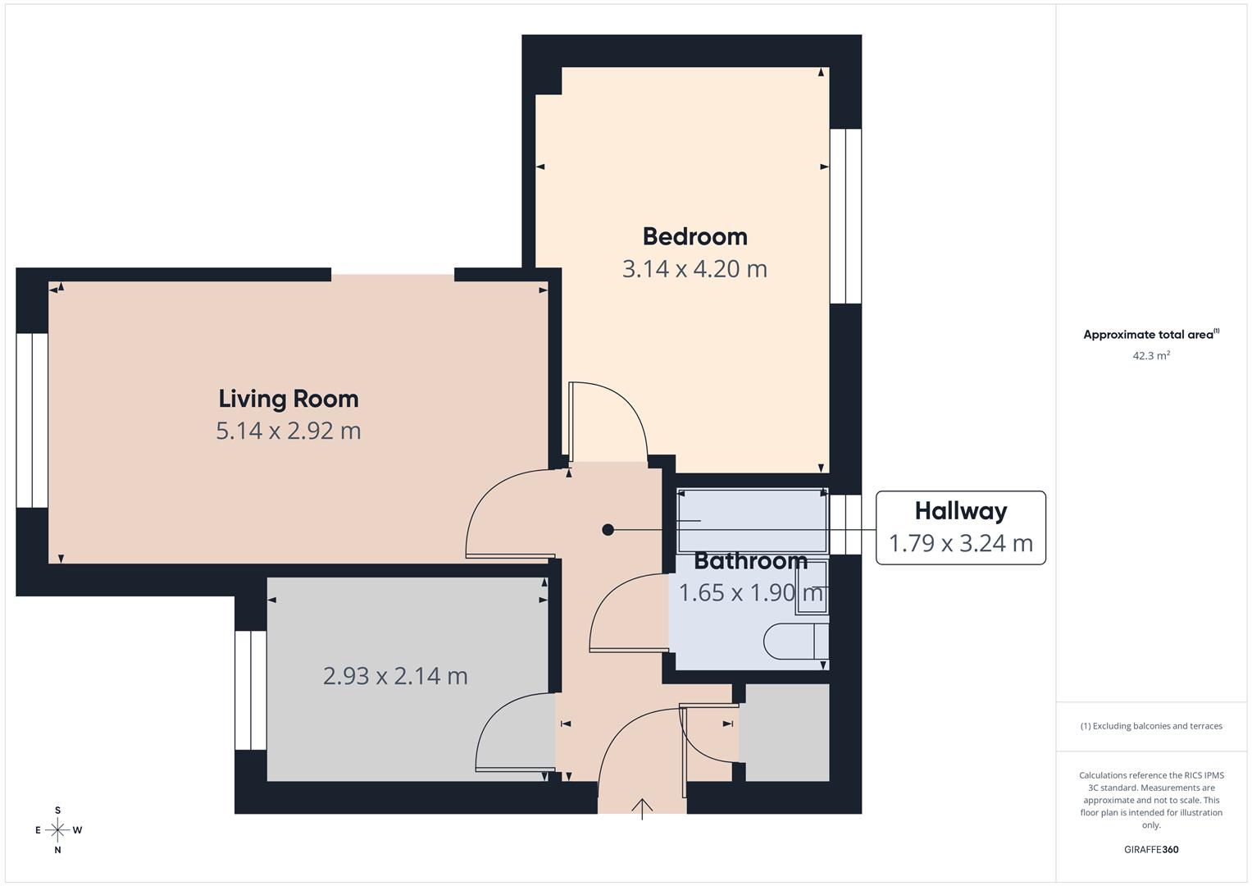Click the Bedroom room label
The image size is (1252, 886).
click(x=694, y=236)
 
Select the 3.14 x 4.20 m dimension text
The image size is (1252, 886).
click(x=694, y=269)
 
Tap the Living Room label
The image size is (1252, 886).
click(x=289, y=399)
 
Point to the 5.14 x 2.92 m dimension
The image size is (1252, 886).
click(x=289, y=431)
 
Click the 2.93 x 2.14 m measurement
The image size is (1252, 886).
click(x=395, y=676)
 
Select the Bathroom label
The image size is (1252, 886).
click(x=750, y=561)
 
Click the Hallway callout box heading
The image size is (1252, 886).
click(x=960, y=511)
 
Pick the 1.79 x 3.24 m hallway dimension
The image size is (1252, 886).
click(x=960, y=543)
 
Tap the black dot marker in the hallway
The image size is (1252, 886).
click(x=608, y=530)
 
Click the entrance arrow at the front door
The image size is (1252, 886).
click(x=642, y=809)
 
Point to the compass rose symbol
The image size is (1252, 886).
click(x=57, y=830)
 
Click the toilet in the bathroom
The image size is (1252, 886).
click(x=795, y=641)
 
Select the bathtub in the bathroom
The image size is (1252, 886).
click(x=752, y=521)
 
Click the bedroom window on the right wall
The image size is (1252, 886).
click(x=845, y=216)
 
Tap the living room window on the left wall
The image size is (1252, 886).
click(x=32, y=420)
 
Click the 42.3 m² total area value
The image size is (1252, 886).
click(x=1150, y=356)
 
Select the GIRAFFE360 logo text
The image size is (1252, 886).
click(x=1150, y=849)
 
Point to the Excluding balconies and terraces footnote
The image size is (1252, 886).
click(x=1150, y=726)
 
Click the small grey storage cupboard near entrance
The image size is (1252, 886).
click(x=784, y=733)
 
